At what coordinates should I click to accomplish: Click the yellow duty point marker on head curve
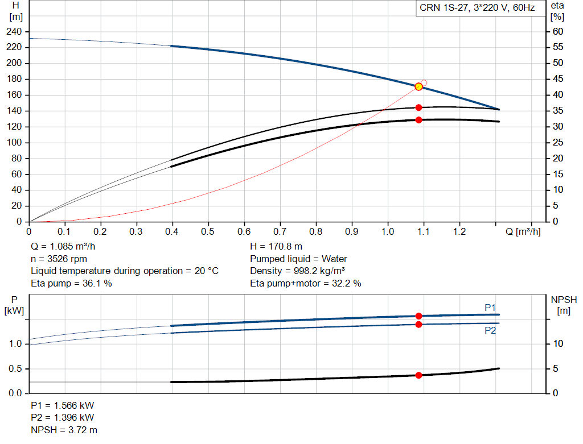tap(418, 86)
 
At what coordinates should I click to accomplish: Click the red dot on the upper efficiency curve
tap(418, 107)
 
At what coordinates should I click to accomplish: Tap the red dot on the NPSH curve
tap(418, 375)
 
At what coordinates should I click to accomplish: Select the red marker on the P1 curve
tap(418, 316)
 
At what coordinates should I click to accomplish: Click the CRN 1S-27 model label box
tap(477, 9)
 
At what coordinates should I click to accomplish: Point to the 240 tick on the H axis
tap(15, 31)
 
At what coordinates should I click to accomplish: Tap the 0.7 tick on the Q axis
tap(280, 232)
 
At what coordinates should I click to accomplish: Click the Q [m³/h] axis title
tap(522, 232)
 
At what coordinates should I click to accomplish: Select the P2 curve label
tap(490, 330)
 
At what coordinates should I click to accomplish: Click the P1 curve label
tap(490, 308)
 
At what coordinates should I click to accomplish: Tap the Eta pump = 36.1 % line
tap(71, 283)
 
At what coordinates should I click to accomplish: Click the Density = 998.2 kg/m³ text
tap(297, 271)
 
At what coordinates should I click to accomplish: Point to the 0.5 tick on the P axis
tap(16, 369)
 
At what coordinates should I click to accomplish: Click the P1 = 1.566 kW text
tap(62, 406)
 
